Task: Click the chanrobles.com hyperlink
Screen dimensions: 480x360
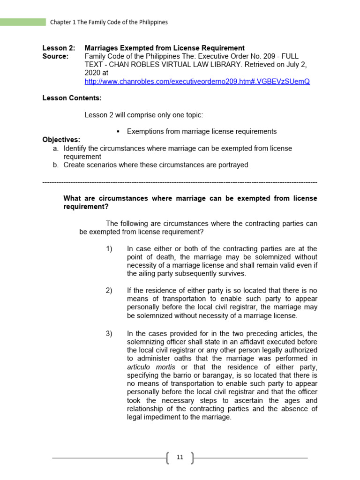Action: click(x=197, y=82)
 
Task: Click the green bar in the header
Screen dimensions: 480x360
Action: click(x=23, y=22)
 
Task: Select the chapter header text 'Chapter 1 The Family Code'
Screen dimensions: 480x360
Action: click(x=109, y=22)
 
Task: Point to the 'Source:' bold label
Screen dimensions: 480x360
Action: click(x=55, y=56)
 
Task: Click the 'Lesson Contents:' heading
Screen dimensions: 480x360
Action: click(x=72, y=98)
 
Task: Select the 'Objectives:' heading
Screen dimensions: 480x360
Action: click(x=61, y=140)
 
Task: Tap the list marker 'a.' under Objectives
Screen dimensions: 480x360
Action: click(x=56, y=148)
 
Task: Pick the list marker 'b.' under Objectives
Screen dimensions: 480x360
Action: click(x=56, y=165)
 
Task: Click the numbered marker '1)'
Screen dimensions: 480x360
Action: click(x=109, y=249)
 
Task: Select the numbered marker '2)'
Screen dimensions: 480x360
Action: click(x=109, y=291)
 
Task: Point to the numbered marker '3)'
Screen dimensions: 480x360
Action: click(x=109, y=334)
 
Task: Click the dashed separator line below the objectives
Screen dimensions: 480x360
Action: click(x=180, y=182)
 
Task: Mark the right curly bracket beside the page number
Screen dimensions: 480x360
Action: click(x=192, y=458)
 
